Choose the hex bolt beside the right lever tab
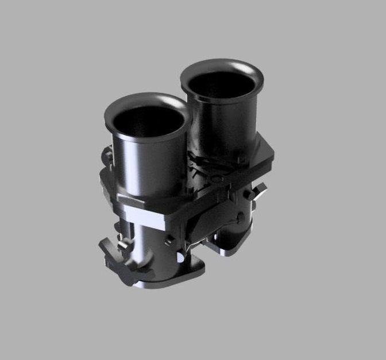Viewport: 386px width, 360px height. click(248, 195)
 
